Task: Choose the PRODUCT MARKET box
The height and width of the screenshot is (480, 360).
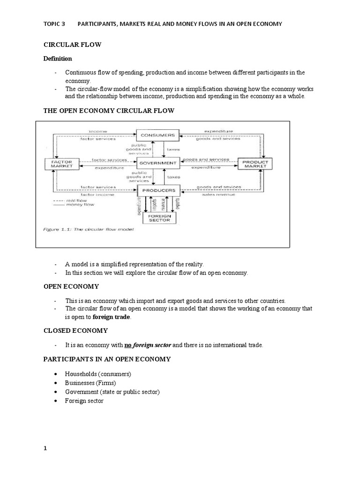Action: coord(255,164)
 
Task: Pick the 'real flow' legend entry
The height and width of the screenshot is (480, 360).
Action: coord(70,200)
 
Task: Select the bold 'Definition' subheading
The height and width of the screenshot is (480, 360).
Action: coord(58,59)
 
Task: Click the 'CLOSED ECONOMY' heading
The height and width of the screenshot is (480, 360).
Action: coord(75,330)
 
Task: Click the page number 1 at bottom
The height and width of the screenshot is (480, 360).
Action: coord(45,448)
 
